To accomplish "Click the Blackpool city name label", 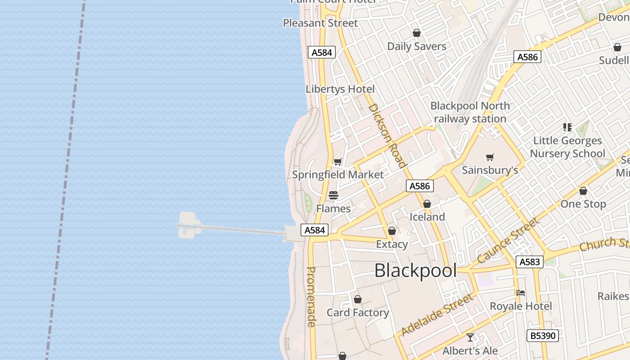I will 415,271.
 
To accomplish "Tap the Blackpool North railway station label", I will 470,112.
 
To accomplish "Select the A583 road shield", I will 529,262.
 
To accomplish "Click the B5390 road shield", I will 543,336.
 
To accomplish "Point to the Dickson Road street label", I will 387,135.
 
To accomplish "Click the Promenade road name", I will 311,297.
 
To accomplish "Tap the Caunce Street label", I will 508,241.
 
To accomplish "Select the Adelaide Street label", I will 437,315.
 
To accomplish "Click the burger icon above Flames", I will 333,195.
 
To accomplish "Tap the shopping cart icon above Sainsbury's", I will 490,157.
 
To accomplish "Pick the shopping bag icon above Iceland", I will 427,204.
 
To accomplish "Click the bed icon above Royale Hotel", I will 521,293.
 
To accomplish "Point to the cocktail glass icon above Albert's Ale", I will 470,337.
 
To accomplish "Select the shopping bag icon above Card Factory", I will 358,299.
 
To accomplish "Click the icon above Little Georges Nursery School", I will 567,127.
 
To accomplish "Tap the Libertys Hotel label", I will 340,89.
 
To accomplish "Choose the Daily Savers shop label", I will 417,46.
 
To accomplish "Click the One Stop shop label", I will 583,204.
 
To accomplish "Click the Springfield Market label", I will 338,175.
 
